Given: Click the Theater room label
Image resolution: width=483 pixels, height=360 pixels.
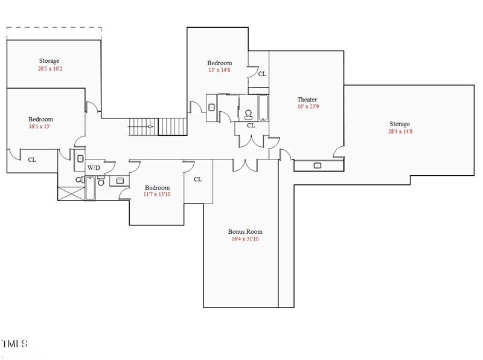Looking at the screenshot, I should click(x=307, y=100).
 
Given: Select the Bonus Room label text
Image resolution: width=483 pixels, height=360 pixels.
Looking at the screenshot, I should click(x=245, y=231).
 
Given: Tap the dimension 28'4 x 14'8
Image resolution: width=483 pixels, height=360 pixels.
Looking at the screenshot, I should click(x=400, y=132).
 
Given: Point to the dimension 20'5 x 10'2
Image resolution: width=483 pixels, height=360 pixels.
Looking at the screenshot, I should click(x=50, y=69).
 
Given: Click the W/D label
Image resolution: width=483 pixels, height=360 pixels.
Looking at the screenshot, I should click(x=94, y=167).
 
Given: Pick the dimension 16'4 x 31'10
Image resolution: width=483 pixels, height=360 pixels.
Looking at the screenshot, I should click(x=245, y=239).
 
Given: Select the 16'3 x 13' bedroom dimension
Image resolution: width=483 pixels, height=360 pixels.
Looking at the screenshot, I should click(x=40, y=127).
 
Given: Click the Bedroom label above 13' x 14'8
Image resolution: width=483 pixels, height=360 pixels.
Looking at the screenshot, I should click(x=219, y=63).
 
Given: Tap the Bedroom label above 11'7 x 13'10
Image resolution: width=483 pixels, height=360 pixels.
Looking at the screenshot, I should click(x=157, y=187).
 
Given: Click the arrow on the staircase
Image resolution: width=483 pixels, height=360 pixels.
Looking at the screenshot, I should click(x=150, y=127).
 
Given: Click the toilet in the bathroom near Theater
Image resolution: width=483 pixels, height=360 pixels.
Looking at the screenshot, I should click(x=249, y=112).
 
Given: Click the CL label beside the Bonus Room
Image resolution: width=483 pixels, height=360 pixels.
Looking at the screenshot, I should click(x=198, y=179).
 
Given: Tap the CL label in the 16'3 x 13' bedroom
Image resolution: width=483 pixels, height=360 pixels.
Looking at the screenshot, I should click(x=32, y=160).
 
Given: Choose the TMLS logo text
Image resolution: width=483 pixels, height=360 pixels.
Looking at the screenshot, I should click(x=14, y=344).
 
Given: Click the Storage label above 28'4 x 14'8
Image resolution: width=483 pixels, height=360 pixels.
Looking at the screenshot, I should click(x=400, y=124).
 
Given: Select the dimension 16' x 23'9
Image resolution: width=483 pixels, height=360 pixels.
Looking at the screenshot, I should click(x=307, y=108).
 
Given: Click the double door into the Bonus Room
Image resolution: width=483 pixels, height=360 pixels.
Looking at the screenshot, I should click(x=244, y=164).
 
